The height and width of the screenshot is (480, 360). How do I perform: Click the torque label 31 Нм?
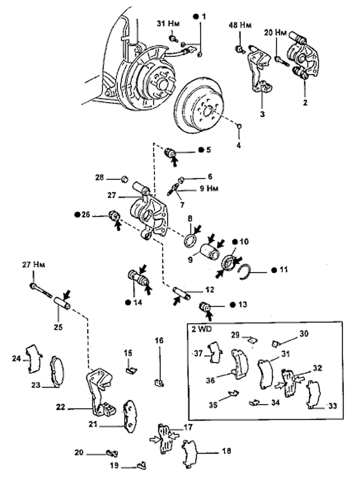tap(168, 23)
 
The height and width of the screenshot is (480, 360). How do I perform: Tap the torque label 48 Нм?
tap(240, 25)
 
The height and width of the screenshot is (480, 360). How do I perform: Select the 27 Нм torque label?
tap(33, 265)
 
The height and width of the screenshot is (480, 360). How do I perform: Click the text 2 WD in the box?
tap(202, 329)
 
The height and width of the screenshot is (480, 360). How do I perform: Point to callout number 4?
tap(239, 145)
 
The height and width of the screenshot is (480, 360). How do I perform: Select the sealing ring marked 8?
tap(190, 239)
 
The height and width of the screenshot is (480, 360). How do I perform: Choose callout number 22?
tap(61, 407)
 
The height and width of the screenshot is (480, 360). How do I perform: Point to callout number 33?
tap(333, 406)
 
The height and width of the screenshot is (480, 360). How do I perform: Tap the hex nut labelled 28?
tap(124, 179)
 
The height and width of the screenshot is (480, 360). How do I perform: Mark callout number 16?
tap(159, 340)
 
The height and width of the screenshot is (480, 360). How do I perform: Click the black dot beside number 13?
tap(233, 305)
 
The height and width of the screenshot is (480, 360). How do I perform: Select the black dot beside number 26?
tap(77, 215)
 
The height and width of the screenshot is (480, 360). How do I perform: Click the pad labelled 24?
tap(33, 359)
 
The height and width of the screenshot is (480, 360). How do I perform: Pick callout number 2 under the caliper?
tap(305, 103)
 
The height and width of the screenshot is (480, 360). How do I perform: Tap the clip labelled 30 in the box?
tap(276, 343)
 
